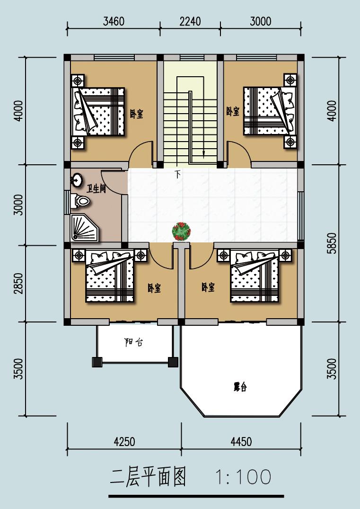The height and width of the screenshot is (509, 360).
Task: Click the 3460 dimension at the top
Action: pyautogui.click(x=114, y=21)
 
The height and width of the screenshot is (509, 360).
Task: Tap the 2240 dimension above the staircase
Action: pyautogui.click(x=190, y=21)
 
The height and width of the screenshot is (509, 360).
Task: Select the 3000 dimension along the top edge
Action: pyautogui.click(x=261, y=21)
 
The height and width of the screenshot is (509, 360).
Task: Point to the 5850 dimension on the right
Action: pyautogui.click(x=332, y=243)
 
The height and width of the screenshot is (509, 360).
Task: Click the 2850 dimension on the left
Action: pyautogui.click(x=19, y=284)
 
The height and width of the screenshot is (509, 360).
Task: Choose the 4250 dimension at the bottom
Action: pyautogui.click(x=124, y=441)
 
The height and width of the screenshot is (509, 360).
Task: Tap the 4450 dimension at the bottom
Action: pyautogui.click(x=241, y=441)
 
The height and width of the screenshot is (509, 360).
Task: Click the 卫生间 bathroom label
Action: pyautogui.click(x=96, y=188)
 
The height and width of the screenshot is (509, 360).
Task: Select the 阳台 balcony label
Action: pyautogui.click(x=133, y=342)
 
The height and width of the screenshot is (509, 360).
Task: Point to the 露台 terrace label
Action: pyautogui.click(x=240, y=387)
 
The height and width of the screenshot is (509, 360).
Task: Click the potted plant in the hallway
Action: pyautogui.click(x=181, y=232)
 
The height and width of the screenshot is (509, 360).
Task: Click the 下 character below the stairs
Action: pyautogui.click(x=177, y=174)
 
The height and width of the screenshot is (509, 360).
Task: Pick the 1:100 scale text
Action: pyautogui.click(x=243, y=477)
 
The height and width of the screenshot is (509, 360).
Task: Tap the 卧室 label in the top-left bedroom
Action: pyautogui.click(x=137, y=114)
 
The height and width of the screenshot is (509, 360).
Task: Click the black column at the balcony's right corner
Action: pyautogui.click(x=173, y=362)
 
